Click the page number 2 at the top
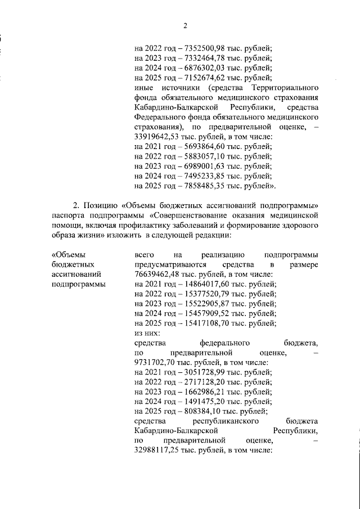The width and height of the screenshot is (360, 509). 184,25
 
